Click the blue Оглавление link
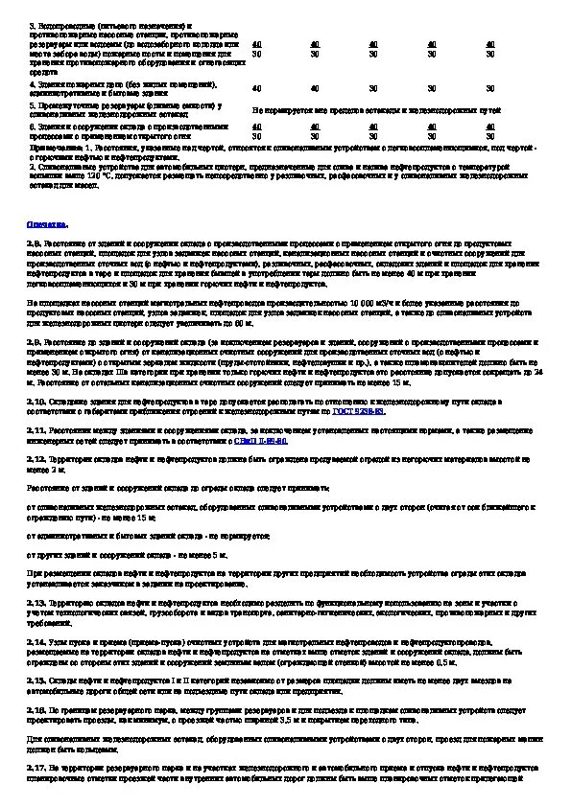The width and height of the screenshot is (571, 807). tap(47, 223)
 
